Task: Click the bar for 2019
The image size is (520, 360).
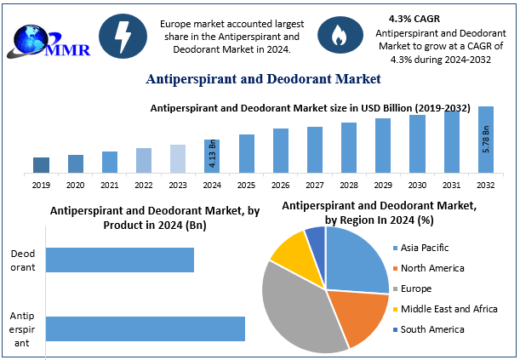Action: pos(41,164)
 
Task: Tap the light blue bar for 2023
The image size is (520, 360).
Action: pos(178,158)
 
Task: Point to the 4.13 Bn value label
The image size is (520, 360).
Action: pos(212,155)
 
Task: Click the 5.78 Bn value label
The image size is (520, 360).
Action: pos(486,139)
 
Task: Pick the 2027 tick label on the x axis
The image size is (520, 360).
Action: pos(315,184)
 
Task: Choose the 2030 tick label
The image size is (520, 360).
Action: pos(417,184)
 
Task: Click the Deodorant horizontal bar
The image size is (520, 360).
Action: pos(119,260)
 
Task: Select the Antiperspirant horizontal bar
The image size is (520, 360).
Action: pos(145,329)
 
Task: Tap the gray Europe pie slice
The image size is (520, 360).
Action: pos(294,306)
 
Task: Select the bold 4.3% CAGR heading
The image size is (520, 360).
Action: pos(414,18)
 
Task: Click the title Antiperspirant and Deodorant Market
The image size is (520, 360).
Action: pos(263,79)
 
